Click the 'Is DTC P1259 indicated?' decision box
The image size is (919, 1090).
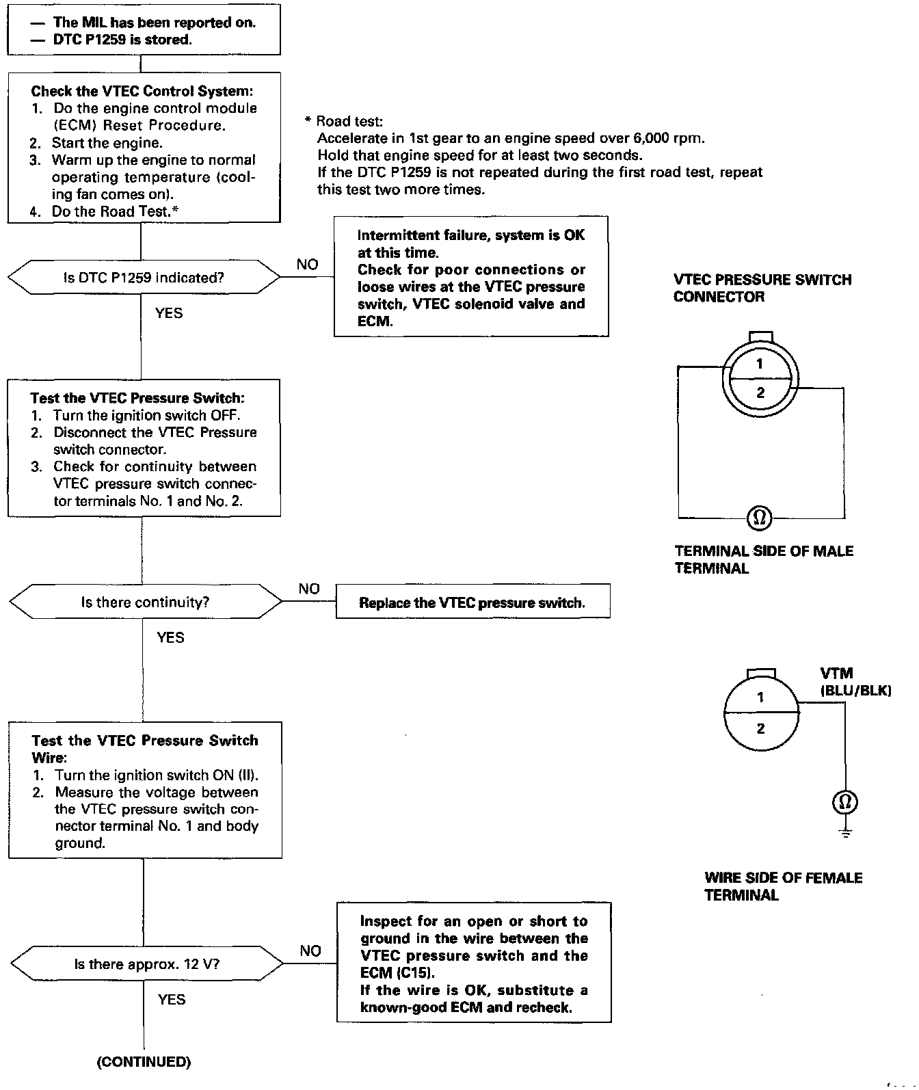tap(144, 278)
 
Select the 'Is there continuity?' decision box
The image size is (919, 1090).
tap(145, 602)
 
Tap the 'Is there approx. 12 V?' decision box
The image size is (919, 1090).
tap(147, 964)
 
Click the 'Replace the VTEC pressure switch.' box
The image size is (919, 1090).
tap(472, 602)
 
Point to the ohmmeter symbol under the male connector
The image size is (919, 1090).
tap(759, 518)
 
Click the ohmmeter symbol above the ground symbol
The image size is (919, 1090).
tap(845, 802)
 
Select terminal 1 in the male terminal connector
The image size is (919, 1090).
tap(759, 364)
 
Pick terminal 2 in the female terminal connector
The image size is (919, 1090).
tap(760, 729)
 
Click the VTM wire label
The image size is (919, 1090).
tap(836, 674)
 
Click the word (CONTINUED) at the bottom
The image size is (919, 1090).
tap(144, 1062)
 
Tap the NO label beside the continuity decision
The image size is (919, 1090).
tap(309, 589)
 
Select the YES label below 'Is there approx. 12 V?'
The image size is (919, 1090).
tap(172, 1000)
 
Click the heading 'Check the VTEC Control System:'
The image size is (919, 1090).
tap(142, 91)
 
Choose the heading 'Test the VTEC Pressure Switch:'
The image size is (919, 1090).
tap(137, 398)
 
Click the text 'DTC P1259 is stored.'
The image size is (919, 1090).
tap(122, 40)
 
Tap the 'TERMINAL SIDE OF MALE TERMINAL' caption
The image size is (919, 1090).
tap(764, 559)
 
